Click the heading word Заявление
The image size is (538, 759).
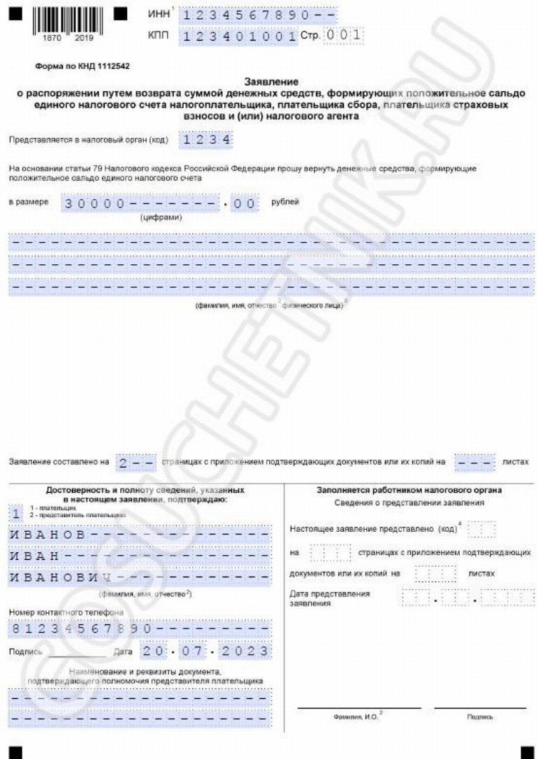[x=268, y=82]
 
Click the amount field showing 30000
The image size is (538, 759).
[x=161, y=204]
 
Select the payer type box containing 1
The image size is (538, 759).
[x=14, y=514]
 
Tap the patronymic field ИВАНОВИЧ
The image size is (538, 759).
[x=139, y=579]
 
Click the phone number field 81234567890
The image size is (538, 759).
[x=139, y=628]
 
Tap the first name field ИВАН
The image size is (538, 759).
[x=139, y=557]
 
